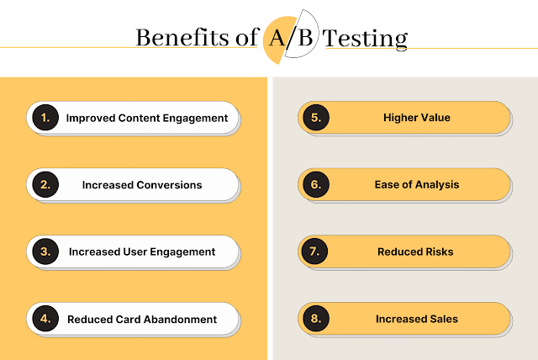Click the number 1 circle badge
click(x=45, y=118)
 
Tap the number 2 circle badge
click(x=45, y=184)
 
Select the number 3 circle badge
click(x=45, y=251)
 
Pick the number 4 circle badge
click(x=45, y=319)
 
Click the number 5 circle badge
click(x=316, y=118)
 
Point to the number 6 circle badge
click(x=316, y=184)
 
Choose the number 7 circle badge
click(x=314, y=251)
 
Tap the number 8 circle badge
click(x=316, y=319)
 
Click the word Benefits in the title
click(x=182, y=37)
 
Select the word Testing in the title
click(x=365, y=39)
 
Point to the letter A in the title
click(x=277, y=37)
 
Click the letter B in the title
click(x=305, y=37)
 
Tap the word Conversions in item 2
click(x=169, y=185)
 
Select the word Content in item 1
click(x=139, y=118)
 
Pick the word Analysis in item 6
click(x=437, y=185)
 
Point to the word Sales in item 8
click(x=444, y=319)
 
